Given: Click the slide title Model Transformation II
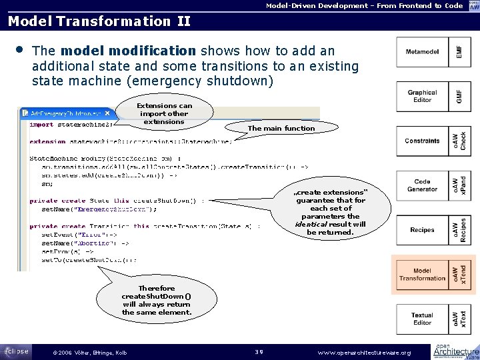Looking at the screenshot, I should pyautogui.click(x=99, y=21).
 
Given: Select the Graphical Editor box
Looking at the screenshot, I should pyautogui.click(x=423, y=97).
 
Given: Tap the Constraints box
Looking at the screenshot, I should pyautogui.click(x=423, y=141).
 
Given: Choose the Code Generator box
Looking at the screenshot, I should pyautogui.click(x=423, y=185).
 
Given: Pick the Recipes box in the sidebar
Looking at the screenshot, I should pyautogui.click(x=423, y=230).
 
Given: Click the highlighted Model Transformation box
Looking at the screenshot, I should pyautogui.click(x=423, y=275).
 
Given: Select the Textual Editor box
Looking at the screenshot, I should pyautogui.click(x=423, y=319).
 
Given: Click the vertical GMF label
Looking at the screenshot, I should pyautogui.click(x=459, y=97).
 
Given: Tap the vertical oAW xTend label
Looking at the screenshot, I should pyautogui.click(x=460, y=275).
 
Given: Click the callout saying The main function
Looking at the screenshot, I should pyautogui.click(x=281, y=128).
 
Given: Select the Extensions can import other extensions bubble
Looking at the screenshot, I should pyautogui.click(x=164, y=113).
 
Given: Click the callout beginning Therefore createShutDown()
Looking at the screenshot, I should pyautogui.click(x=156, y=300).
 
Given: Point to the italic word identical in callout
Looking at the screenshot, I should pyautogui.click(x=309, y=225).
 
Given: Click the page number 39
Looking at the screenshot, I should pyautogui.click(x=261, y=352).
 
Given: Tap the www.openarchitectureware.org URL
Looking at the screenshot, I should pyautogui.click(x=365, y=352).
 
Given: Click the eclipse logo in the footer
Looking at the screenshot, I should pyautogui.click(x=15, y=350).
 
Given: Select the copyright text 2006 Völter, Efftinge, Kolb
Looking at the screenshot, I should pyautogui.click(x=84, y=352).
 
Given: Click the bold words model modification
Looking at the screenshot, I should pyautogui.click(x=128, y=51).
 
